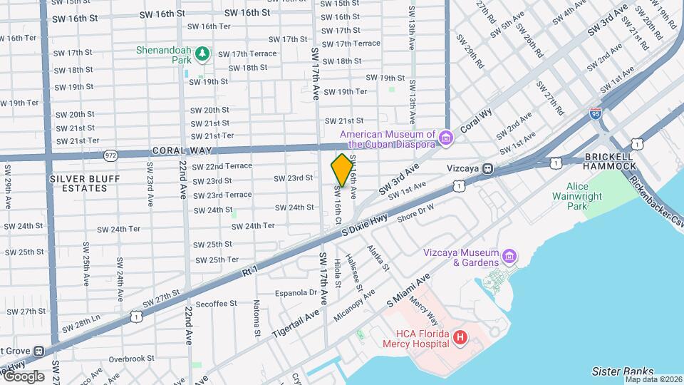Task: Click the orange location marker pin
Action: pos(343,170)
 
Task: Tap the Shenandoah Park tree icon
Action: pos(203,52)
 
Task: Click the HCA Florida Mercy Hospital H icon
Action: pos(460,337)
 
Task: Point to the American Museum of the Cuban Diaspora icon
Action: pos(446,137)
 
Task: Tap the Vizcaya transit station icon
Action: pos(488,168)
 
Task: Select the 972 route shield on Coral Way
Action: pos(110,155)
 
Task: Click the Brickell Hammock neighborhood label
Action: pos(609,161)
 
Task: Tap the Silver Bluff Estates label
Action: pos(78,183)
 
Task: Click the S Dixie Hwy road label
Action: pos(364,227)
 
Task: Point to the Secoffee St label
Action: pos(217,304)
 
